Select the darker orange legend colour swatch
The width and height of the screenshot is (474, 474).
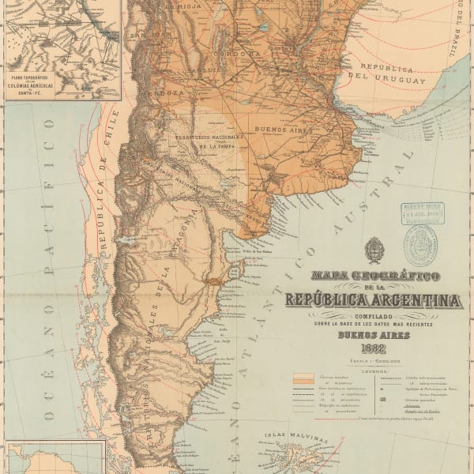coord(301,382)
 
